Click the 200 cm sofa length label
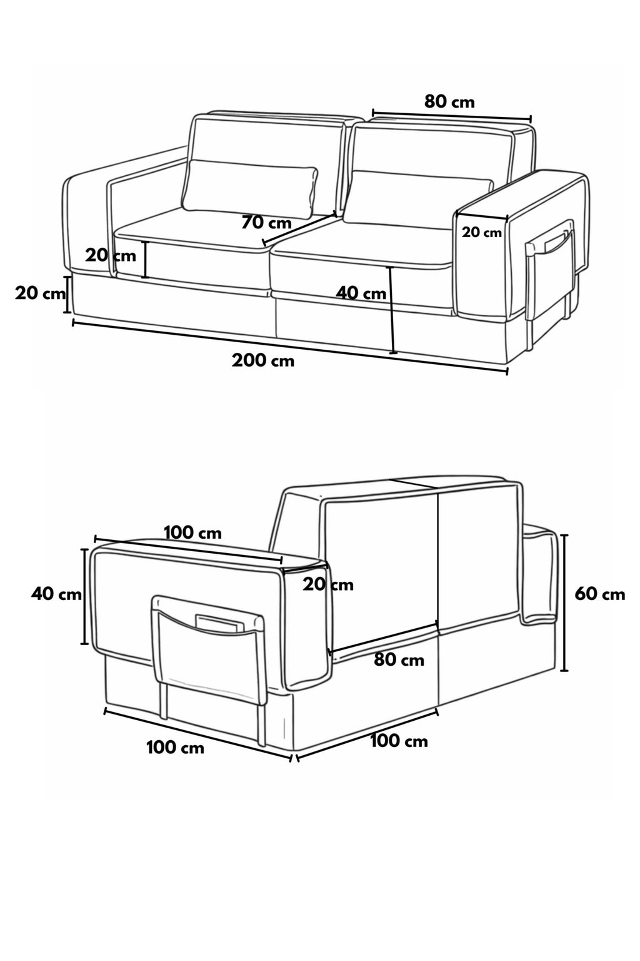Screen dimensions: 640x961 coord(262,360)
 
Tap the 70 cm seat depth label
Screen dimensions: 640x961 coord(266,223)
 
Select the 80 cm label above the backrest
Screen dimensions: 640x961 coord(449,102)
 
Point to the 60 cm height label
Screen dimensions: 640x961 coord(600,594)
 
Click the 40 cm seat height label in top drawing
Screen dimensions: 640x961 coord(361,293)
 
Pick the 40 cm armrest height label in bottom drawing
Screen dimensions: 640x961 coord(56,594)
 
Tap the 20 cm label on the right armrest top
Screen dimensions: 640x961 coord(481,233)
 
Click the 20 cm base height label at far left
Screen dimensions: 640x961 coord(40,294)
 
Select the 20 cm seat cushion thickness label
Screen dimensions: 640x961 coord(110,256)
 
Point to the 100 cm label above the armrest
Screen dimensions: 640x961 coord(193,533)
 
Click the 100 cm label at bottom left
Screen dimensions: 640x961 coord(176,748)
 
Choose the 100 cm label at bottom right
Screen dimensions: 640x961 coord(399,741)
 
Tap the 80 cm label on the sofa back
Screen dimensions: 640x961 coord(399,660)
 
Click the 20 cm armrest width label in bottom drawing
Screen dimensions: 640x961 coord(328,584)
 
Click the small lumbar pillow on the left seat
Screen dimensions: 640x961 coord(251,190)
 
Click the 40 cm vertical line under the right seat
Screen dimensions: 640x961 coord(392,310)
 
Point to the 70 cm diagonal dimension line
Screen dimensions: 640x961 coord(299,228)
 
